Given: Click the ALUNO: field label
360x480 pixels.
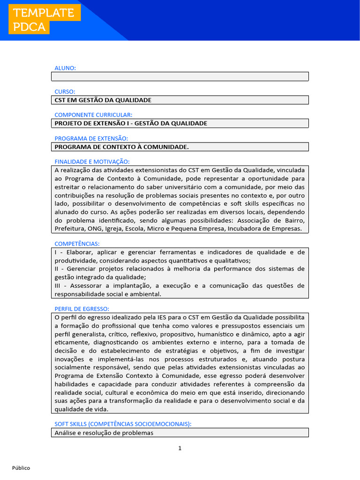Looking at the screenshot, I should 65,68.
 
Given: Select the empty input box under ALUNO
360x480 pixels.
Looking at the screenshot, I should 180,76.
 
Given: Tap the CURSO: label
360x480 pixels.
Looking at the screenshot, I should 65,91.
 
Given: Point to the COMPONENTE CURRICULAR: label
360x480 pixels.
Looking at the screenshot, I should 93,115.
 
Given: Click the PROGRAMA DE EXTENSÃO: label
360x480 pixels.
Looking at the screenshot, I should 91,138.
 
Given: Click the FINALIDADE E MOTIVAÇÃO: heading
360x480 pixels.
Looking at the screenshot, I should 92,161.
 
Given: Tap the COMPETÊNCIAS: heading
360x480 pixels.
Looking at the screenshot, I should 77,244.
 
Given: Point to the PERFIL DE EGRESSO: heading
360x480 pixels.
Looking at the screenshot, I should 82,308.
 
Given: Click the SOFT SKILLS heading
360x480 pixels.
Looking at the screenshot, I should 123,424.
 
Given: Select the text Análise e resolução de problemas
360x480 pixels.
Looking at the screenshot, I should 104,433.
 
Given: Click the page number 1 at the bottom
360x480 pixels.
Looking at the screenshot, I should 180,448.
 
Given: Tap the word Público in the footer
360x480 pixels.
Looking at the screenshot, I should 21,468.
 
